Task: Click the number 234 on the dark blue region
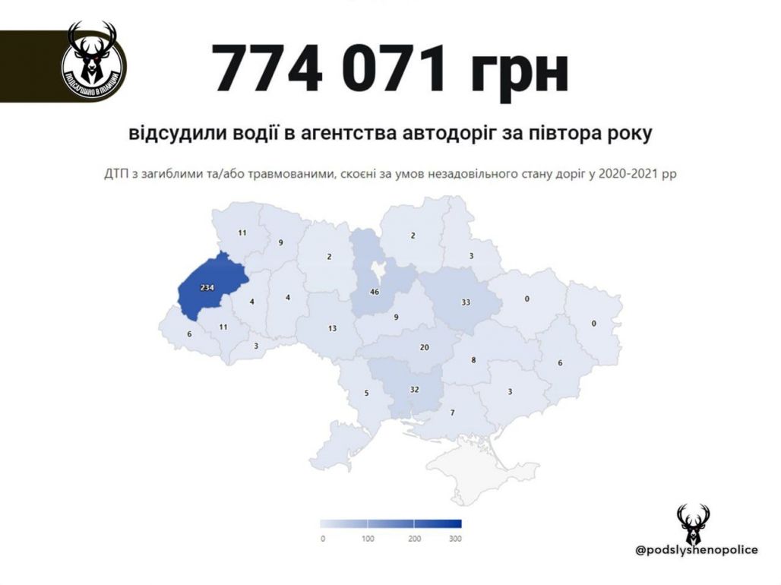(206, 289)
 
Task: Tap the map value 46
(374, 292)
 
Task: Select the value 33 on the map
(466, 302)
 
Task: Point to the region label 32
(414, 389)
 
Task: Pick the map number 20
(425, 347)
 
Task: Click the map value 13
(332, 328)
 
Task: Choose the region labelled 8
(473, 360)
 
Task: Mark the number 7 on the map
(452, 413)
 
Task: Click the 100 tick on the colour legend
(368, 539)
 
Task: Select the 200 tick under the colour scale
(415, 539)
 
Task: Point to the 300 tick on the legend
(455, 539)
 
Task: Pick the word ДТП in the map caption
(117, 173)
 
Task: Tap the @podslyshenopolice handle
(696, 549)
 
